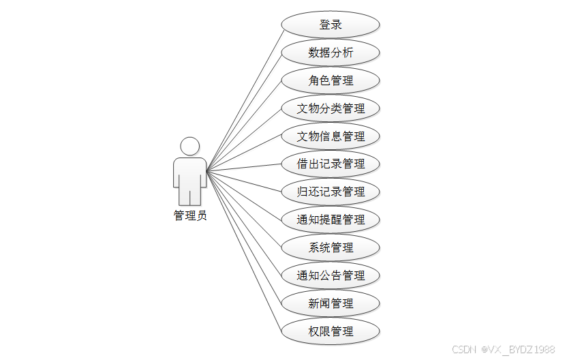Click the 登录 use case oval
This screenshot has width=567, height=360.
[x=331, y=25]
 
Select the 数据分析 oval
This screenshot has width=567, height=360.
[x=331, y=52]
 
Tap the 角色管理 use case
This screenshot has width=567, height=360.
[x=331, y=80]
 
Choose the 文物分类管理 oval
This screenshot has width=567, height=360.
[x=331, y=108]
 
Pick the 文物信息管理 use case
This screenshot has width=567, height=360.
[x=331, y=136]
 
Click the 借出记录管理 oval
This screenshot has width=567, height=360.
[x=331, y=164]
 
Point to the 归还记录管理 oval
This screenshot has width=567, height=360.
[x=331, y=192]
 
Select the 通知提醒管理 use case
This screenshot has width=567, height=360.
[x=331, y=220]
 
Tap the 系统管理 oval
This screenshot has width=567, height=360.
[x=331, y=248]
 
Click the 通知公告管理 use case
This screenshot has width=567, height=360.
[x=331, y=276]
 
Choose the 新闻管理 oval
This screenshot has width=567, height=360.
[x=331, y=304]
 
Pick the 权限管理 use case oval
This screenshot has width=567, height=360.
[x=331, y=332]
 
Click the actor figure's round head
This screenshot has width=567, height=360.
[x=189, y=146]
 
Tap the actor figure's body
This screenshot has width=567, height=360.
[x=189, y=179]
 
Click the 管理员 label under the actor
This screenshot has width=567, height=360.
[x=190, y=216]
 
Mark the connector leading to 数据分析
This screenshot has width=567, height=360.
[x=245, y=111]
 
